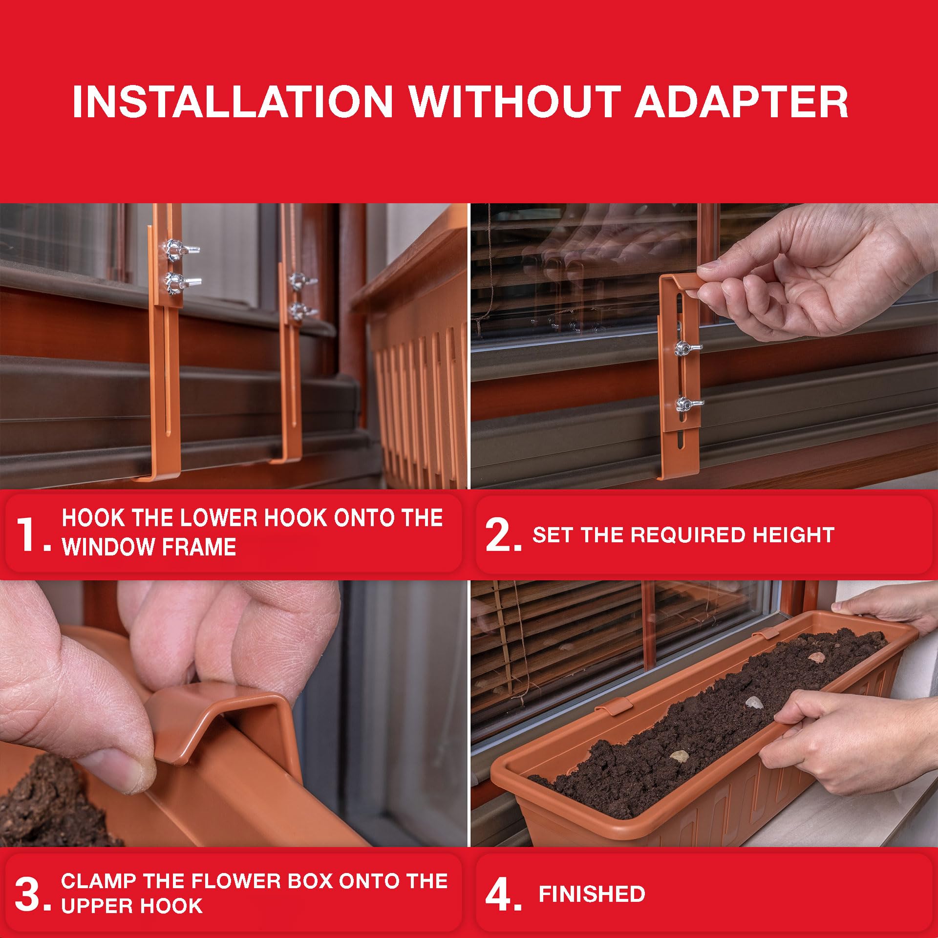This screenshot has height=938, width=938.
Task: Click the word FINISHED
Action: click(x=592, y=895)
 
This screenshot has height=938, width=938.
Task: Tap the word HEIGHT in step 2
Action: click(x=793, y=535)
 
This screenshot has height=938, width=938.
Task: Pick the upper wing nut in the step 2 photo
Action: click(x=686, y=348)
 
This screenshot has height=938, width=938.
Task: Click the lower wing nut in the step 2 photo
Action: click(x=688, y=404)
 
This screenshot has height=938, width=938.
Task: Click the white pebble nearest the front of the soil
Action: click(x=679, y=757)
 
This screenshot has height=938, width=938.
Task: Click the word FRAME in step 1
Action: click(x=209, y=547)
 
